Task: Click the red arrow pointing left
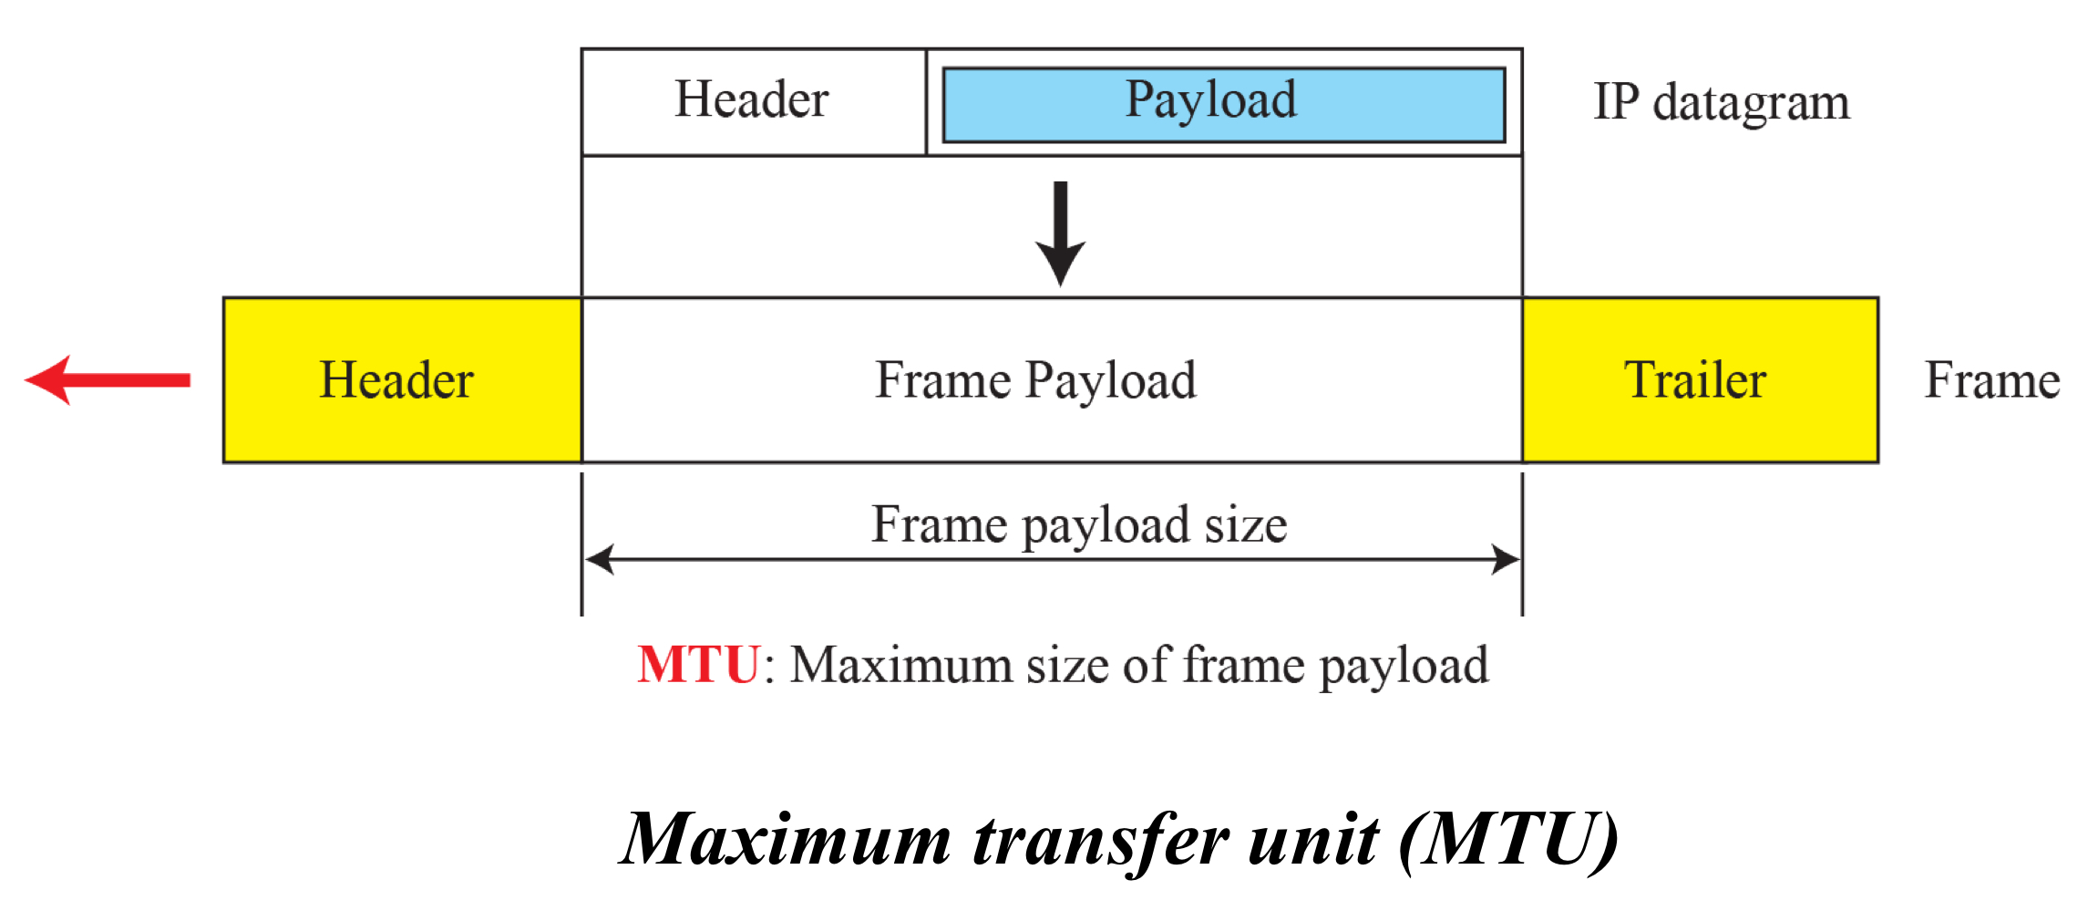[108, 380]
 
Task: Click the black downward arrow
[1060, 234]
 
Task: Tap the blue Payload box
[1223, 104]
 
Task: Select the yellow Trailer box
[1700, 380]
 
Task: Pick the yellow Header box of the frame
[402, 380]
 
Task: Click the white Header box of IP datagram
[753, 101]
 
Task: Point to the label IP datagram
[1721, 102]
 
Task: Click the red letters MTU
[698, 664]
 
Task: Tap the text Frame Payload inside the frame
[1035, 380]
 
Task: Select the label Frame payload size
[1079, 525]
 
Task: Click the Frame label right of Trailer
[1991, 380]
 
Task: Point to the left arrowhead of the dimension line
[600, 559]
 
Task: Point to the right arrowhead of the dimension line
[1505, 559]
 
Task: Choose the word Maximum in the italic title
[786, 840]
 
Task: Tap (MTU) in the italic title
[1507, 840]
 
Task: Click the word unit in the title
[1312, 840]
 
